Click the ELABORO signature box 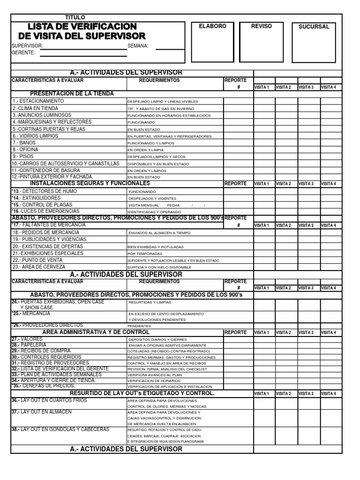212,42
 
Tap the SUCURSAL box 314,42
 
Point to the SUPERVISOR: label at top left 27,46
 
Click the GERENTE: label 23,52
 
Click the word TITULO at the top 75,17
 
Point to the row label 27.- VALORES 26,338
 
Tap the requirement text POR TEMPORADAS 145,254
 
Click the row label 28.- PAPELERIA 29,345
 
